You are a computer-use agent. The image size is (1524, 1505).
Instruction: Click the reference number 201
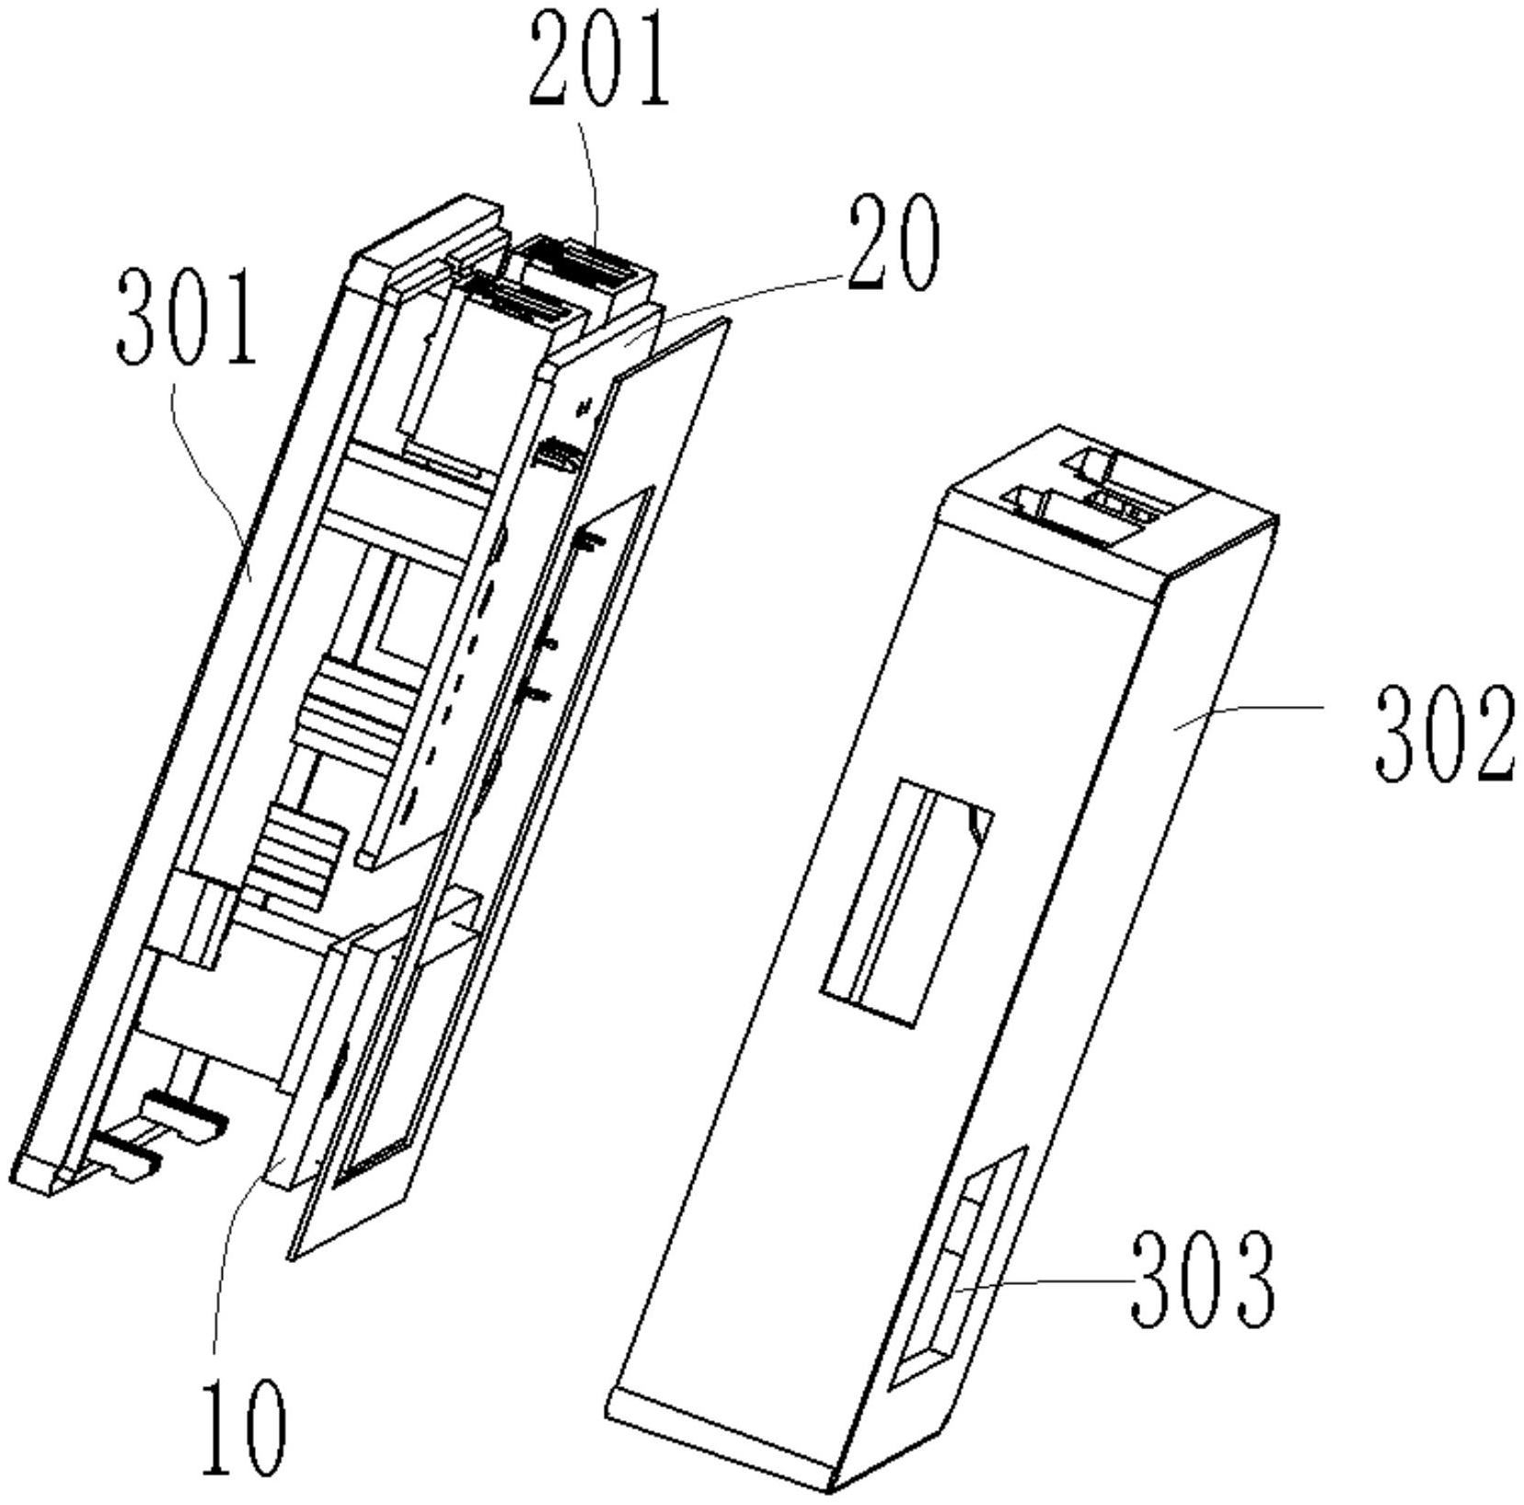click(598, 57)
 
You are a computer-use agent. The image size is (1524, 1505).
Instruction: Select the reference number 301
click(186, 316)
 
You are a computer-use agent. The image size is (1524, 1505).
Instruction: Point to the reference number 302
click(1444, 734)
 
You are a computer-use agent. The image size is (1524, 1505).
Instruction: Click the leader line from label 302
click(1252, 713)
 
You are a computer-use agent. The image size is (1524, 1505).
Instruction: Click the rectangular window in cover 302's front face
click(906, 901)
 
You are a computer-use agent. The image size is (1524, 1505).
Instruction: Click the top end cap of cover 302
click(1104, 502)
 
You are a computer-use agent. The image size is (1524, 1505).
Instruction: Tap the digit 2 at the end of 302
click(1491, 734)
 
